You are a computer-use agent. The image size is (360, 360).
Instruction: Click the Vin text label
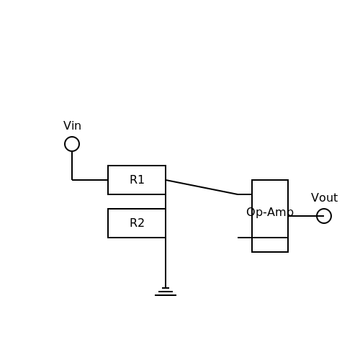pos(72,126)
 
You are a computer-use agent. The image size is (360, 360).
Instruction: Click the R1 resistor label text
pos(137,179)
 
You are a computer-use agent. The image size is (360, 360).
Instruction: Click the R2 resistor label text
pos(137,222)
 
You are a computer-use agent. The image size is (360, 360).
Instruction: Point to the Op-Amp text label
pos(270,212)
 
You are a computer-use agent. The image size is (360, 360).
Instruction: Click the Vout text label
pos(325,198)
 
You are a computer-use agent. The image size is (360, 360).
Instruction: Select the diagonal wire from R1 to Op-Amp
pos(202,187)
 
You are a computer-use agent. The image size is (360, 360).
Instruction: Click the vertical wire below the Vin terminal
pos(72,166)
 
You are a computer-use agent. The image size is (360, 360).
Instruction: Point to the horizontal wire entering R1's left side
pos(90,180)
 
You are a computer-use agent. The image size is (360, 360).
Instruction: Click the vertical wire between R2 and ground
pos(166,263)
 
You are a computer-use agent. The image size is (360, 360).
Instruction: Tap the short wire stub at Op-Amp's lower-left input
pos(245,238)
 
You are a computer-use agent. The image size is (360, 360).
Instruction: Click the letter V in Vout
pos(315,198)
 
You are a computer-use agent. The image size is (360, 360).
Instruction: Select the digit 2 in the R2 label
pos(141,222)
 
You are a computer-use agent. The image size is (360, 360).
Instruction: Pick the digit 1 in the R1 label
pos(141,179)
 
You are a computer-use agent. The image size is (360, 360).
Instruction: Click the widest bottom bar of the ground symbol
pos(166,295)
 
